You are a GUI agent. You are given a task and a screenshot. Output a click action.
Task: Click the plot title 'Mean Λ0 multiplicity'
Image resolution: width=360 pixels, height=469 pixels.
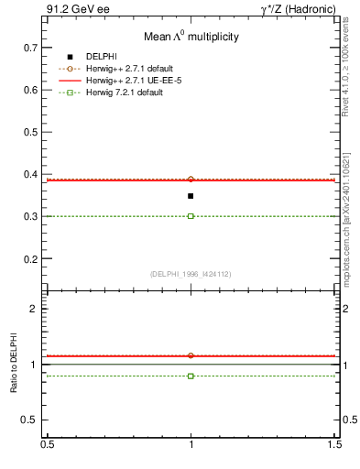pos(191,38)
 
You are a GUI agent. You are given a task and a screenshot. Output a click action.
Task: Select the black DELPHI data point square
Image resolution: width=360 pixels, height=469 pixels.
pos(191,196)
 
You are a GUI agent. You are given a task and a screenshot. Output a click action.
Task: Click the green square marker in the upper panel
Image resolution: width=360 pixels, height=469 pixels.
pos(191,216)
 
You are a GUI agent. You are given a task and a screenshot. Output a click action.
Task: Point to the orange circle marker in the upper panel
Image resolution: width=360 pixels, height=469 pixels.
pos(191,180)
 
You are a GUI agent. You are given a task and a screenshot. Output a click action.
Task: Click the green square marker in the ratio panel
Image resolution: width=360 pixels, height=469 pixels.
pos(191,376)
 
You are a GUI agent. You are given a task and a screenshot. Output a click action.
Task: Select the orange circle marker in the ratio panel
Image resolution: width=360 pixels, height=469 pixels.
pos(191,355)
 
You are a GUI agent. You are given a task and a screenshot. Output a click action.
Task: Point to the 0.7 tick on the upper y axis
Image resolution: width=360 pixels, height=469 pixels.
pos(30,47)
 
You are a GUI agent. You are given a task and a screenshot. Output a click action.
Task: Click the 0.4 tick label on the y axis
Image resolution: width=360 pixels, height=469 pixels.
pos(30,174)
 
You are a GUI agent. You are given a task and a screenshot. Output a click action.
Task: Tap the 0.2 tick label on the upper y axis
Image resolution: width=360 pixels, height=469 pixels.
pos(30,259)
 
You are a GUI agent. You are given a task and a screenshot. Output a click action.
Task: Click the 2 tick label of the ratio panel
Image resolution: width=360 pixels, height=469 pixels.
pos(36,309)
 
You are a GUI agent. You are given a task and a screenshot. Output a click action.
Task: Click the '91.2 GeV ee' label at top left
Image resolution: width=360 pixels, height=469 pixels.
pos(71,9)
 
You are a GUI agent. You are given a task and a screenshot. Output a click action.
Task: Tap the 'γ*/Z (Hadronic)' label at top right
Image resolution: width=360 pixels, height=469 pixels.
pos(297,9)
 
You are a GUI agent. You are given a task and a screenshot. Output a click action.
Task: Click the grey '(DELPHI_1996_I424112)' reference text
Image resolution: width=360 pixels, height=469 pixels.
pos(191,275)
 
